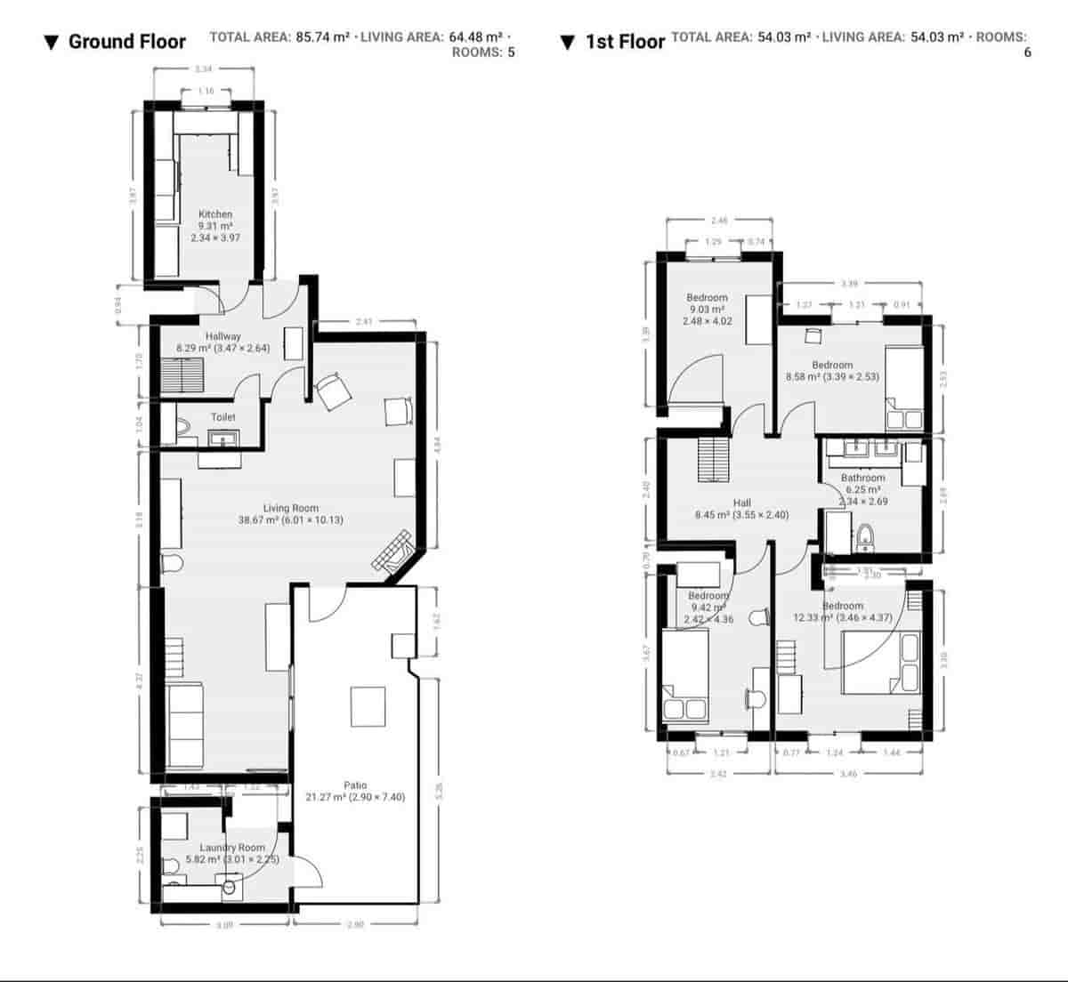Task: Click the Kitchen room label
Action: click(215, 214)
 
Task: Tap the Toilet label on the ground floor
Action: click(223, 417)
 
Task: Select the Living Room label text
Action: click(291, 509)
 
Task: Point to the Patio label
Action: click(355, 785)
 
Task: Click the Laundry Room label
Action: click(232, 848)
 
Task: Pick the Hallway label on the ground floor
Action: click(222, 336)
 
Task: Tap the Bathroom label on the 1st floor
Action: click(863, 478)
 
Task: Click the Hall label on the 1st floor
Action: click(741, 503)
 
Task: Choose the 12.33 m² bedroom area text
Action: click(842, 617)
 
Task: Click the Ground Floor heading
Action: click(126, 42)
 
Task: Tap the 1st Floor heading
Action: click(625, 42)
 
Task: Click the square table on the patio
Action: click(368, 706)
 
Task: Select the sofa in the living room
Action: click(185, 725)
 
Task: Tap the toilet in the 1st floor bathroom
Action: click(863, 535)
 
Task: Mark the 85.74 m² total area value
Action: click(322, 36)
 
